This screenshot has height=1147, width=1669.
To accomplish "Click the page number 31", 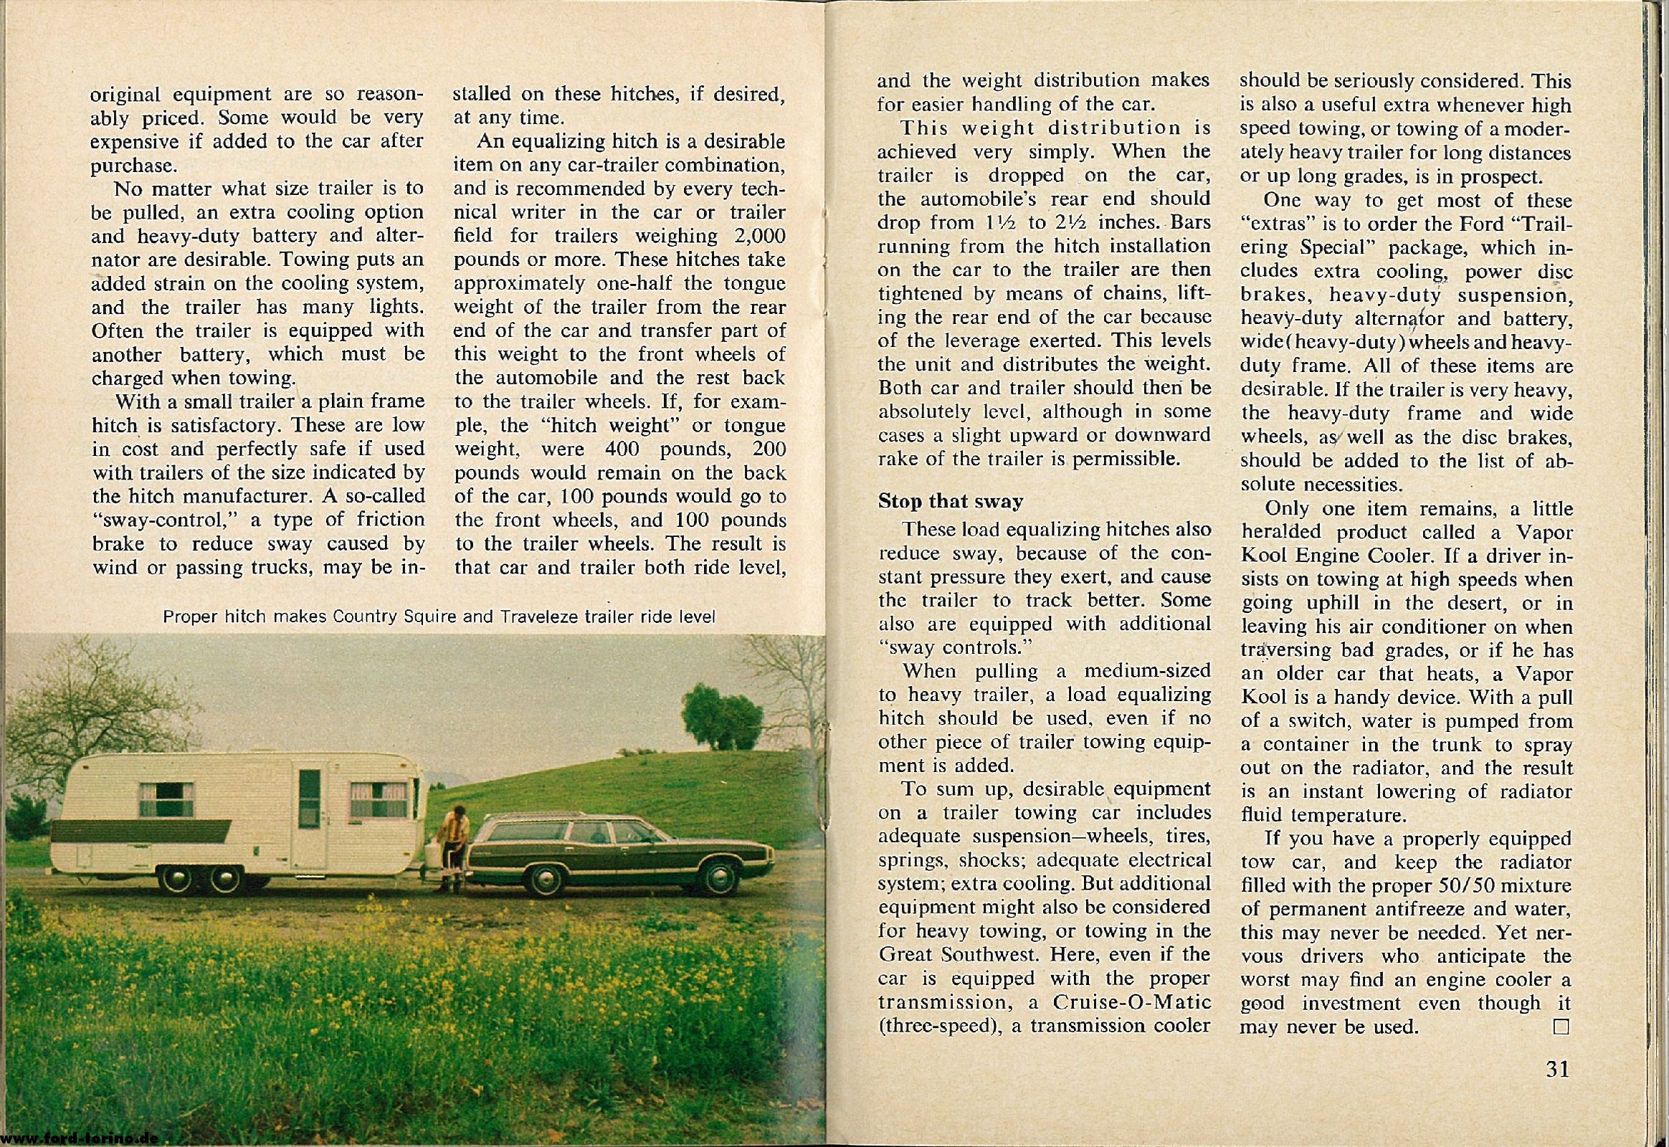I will tap(1556, 1070).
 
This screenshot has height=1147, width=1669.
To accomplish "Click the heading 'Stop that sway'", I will tap(950, 501).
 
